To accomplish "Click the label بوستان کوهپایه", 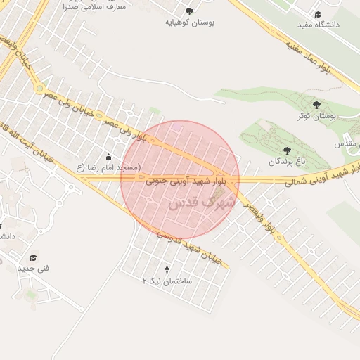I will point(189,22).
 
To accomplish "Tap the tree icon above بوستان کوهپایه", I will point(189,11).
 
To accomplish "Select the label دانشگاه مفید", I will point(318,25).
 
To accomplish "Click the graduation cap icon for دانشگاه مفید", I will point(318,14).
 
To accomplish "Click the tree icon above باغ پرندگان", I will point(287,150).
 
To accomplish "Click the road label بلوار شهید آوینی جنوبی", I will point(179,181).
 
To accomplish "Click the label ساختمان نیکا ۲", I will point(167,281).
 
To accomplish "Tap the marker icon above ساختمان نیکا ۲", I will point(167,269).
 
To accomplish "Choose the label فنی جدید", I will point(32,268).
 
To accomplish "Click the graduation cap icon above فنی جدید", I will point(32,257).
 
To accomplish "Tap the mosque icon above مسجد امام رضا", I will point(108,157).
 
